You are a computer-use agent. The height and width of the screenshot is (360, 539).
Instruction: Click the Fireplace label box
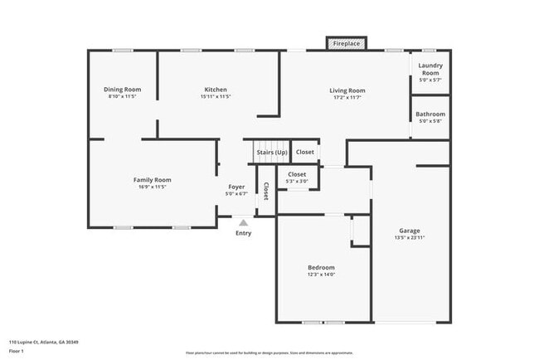347,42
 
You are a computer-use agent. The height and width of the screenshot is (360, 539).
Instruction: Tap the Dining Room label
122,90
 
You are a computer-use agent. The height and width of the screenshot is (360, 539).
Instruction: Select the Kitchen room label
216,90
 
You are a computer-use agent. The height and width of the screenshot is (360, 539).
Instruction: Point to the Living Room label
347,90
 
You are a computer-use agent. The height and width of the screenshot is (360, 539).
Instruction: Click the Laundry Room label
430,69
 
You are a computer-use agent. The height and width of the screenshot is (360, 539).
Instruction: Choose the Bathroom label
430,114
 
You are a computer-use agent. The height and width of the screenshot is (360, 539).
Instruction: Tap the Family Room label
152,180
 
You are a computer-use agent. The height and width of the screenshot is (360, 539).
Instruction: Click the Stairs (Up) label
271,152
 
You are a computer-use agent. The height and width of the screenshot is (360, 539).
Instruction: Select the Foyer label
236,187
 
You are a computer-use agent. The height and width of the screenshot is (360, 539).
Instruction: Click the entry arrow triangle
243,222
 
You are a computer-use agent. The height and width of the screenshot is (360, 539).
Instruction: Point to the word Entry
243,233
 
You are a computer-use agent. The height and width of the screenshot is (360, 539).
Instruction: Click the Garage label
409,231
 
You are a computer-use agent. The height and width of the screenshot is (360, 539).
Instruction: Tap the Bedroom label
321,267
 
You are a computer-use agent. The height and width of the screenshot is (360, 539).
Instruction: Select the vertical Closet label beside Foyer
265,192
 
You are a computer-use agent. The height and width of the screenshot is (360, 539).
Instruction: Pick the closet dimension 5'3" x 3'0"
297,181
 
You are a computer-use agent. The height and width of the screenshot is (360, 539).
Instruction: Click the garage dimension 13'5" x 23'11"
409,237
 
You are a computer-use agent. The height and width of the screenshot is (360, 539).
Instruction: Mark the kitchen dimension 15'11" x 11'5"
216,96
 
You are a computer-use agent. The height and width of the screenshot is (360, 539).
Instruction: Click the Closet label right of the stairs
305,152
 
